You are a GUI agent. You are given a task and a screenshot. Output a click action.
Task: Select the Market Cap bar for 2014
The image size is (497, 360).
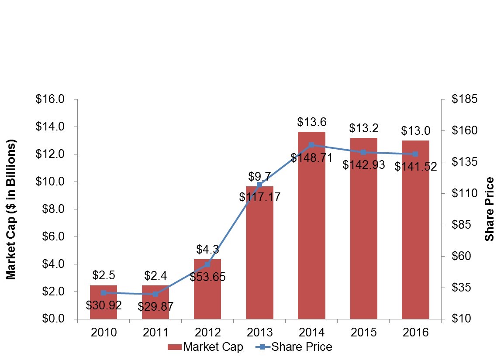[311, 227]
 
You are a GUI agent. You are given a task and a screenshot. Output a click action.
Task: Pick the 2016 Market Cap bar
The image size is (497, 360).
[415, 231]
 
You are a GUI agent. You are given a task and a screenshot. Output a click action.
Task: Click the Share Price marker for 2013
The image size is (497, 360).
[259, 185]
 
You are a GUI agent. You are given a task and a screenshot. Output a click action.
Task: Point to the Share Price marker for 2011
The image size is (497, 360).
[155, 294]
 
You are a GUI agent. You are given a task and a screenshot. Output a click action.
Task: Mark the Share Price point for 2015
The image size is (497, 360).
[363, 152]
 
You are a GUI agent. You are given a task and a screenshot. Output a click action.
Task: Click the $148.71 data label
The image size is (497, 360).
[311, 158]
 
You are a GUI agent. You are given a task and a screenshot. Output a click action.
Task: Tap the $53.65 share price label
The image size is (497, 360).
[207, 277]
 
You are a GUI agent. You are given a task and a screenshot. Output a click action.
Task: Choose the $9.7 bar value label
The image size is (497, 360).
[259, 177]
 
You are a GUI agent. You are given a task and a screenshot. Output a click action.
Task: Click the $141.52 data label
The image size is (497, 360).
[415, 166]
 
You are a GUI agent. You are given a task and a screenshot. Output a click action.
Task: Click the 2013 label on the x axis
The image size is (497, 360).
[259, 333]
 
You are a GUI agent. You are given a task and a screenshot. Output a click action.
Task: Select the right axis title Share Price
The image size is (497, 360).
[490, 209]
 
